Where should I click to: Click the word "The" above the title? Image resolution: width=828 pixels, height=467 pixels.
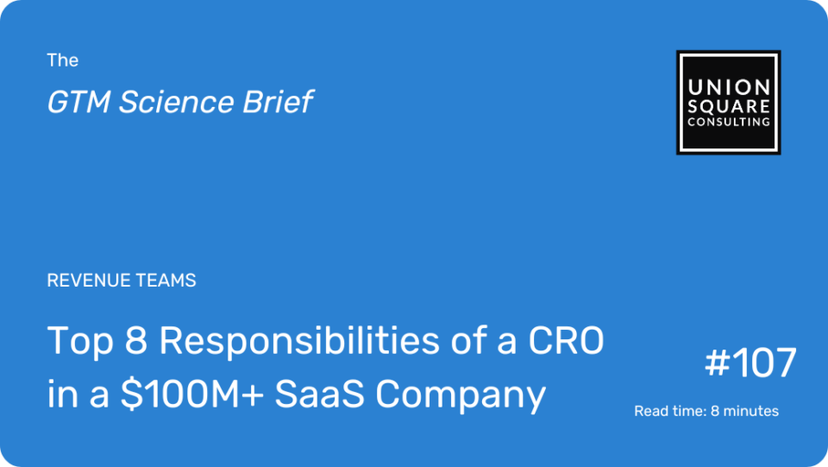[62, 60]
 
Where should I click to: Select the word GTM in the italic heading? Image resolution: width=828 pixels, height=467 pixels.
[78, 102]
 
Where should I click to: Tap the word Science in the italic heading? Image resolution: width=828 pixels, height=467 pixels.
[176, 102]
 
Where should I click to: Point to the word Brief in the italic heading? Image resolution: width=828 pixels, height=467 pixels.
[278, 102]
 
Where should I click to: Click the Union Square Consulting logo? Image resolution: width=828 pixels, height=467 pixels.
[728, 103]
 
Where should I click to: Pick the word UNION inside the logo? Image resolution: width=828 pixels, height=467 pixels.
[728, 87]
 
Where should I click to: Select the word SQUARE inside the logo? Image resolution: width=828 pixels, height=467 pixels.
[728, 106]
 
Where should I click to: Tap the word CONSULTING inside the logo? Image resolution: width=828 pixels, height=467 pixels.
[728, 122]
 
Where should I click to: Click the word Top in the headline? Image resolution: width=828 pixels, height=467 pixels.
[80, 342]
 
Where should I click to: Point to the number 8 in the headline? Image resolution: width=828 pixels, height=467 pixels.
[135, 341]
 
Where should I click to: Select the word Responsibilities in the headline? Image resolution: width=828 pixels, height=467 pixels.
[299, 341]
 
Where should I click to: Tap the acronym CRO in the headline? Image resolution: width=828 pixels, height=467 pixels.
[566, 341]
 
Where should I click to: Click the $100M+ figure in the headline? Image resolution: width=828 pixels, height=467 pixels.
[192, 394]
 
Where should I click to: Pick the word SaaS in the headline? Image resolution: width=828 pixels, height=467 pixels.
[319, 394]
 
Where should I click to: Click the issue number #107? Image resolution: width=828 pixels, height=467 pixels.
[750, 363]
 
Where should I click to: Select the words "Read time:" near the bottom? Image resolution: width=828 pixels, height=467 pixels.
[670, 411]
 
